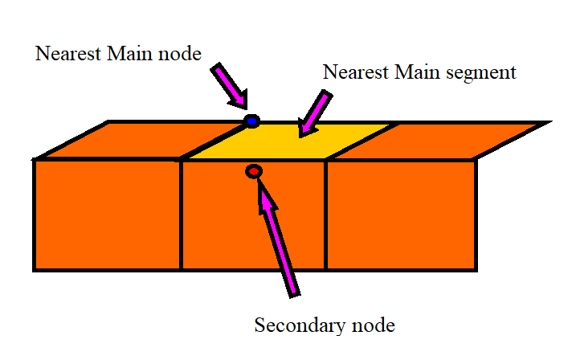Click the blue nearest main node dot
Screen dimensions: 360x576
click(252, 121)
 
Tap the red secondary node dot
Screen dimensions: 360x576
click(254, 171)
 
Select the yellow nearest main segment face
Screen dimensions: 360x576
click(289, 141)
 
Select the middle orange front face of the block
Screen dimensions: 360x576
click(253, 225)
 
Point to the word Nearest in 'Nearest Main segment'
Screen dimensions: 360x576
click(353, 72)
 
